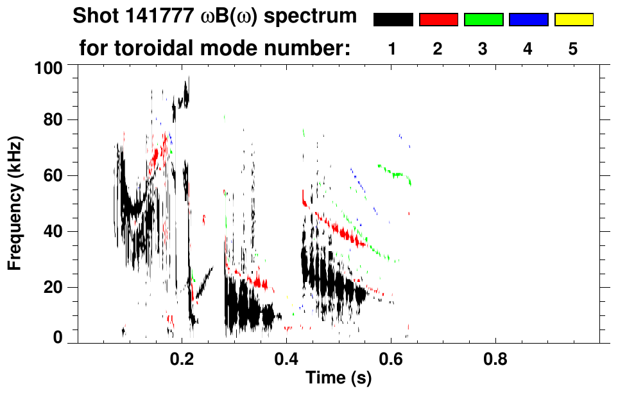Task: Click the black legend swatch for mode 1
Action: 393,20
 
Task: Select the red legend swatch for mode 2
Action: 438,20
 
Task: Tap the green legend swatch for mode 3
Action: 483,20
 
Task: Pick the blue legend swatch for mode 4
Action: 528,20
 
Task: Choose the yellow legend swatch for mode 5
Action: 573,20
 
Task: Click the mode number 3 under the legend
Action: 483,49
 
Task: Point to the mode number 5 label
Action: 573,49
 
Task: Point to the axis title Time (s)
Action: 338,379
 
